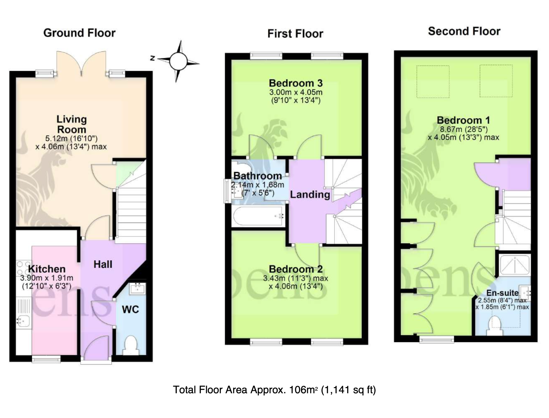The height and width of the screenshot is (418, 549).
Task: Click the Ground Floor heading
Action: pos(79,33)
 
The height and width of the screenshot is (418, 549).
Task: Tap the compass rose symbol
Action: pos(178,61)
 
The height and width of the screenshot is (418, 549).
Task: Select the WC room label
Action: pos(130,310)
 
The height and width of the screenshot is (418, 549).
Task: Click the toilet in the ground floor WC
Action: pos(131,345)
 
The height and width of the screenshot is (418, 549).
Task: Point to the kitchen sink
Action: pos(23,321)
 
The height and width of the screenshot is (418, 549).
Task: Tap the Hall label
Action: pos(103,264)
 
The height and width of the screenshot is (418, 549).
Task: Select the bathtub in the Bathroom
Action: pos(258,216)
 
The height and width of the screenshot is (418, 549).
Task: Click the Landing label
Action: pos(310,195)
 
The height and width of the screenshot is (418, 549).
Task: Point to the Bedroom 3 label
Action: pos(296,83)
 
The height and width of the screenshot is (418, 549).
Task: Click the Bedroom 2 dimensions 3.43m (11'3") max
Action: pos(295,278)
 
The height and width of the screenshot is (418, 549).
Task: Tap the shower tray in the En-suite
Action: pos(515,265)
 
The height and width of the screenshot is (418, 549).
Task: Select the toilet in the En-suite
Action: pos(495,326)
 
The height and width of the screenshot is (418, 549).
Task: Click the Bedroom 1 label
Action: pos(463,120)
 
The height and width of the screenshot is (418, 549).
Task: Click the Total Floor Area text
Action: pos(274,390)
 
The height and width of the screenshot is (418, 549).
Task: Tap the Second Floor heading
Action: pos(464,31)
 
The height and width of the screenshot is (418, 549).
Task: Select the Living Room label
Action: pos(72,124)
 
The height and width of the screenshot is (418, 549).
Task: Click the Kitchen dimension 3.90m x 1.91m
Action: pos(47,278)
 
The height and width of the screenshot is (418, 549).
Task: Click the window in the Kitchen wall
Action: pos(46,359)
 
